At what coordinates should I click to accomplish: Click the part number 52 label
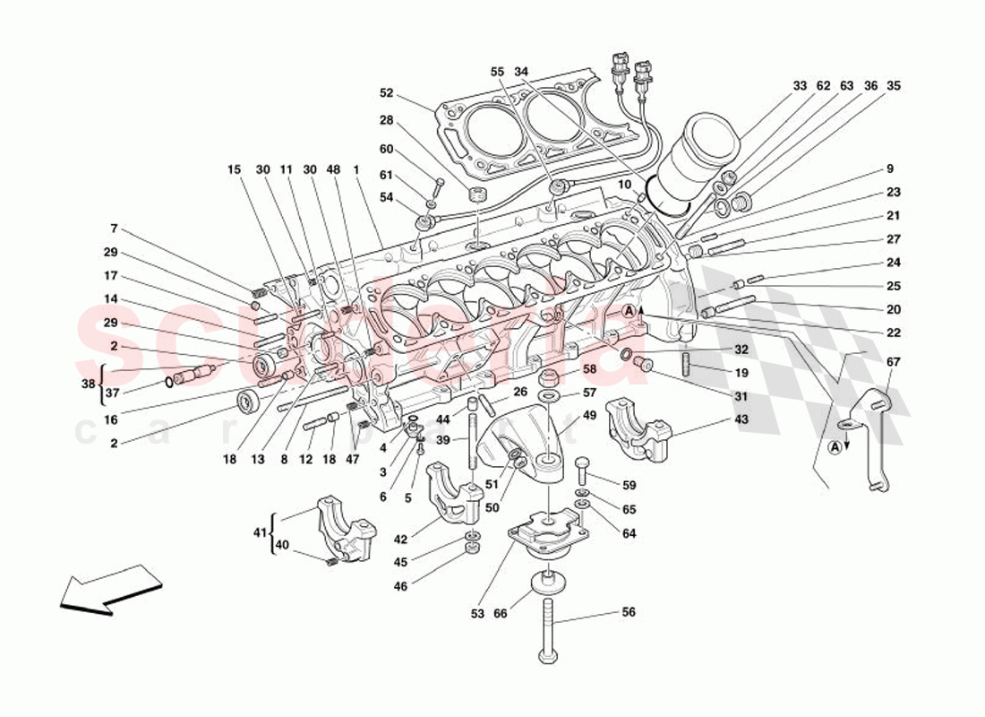tap(386, 92)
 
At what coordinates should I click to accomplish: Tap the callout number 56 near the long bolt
tap(629, 611)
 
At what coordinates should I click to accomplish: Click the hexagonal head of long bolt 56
tap(546, 660)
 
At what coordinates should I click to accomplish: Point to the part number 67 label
tap(894, 362)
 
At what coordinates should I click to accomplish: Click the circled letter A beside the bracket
tap(835, 446)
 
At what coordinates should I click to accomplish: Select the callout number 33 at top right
tap(800, 86)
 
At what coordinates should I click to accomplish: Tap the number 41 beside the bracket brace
tap(258, 531)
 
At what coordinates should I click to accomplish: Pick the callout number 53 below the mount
tap(477, 614)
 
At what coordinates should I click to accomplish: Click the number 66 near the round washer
tap(501, 614)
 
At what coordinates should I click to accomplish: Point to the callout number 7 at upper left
tap(114, 229)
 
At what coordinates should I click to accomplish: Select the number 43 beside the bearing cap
tap(741, 419)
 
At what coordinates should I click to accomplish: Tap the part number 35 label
tap(893, 86)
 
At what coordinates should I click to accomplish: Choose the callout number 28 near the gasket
tap(386, 120)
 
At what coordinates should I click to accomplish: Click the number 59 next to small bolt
tap(629, 485)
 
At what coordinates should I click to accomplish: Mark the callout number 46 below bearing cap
tap(400, 586)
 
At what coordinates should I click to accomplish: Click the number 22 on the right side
tap(894, 333)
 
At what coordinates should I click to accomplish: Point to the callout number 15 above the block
tap(235, 169)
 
